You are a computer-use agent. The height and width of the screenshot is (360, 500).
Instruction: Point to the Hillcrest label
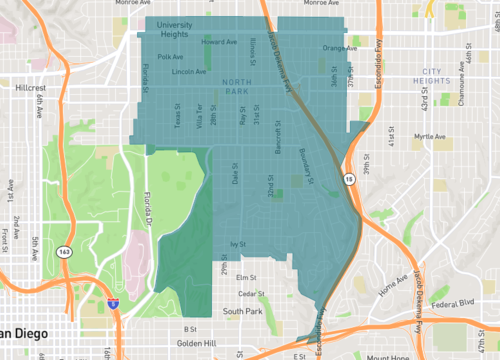pyautogui.click(x=32, y=87)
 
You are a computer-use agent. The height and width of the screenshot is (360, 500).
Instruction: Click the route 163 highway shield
pyautogui.click(x=64, y=251)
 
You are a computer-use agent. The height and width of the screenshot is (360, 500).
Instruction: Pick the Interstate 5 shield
pyautogui.click(x=111, y=298)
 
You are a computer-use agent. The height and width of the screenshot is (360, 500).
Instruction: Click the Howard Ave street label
pyautogui.click(x=219, y=43)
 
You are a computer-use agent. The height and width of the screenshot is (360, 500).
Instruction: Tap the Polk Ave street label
pyautogui.click(x=170, y=57)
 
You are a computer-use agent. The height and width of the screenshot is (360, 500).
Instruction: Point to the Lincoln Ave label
pyautogui.click(x=189, y=72)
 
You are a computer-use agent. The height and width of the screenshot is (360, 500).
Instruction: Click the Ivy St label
pyautogui.click(x=238, y=244)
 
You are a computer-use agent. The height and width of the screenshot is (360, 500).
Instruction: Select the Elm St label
pyautogui.click(x=246, y=277)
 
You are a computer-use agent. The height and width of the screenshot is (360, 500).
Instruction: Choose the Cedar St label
pyautogui.click(x=251, y=293)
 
